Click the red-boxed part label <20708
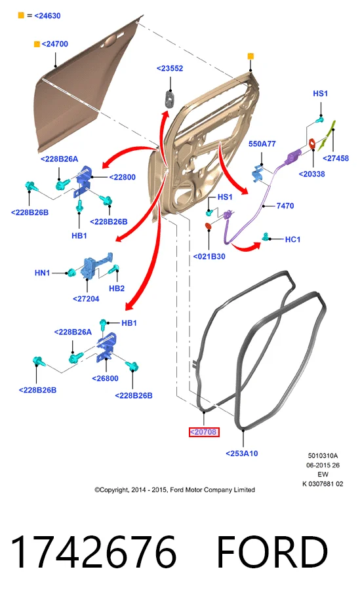pyautogui.click(x=204, y=432)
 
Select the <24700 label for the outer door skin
pyautogui.click(x=54, y=44)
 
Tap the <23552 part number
pyautogui.click(x=170, y=68)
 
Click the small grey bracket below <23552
pyautogui.click(x=170, y=98)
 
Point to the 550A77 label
pyautogui.click(x=262, y=144)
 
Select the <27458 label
pyautogui.click(x=335, y=158)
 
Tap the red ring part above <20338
pyautogui.click(x=312, y=144)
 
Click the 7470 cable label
pyautogui.click(x=285, y=206)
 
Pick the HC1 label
pyautogui.click(x=292, y=240)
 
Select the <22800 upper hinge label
pyautogui.click(x=123, y=177)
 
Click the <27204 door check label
pyautogui.click(x=86, y=298)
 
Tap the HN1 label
pyautogui.click(x=43, y=273)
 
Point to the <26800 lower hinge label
pyautogui.click(x=105, y=378)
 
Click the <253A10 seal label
pyautogui.click(x=241, y=454)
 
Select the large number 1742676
pyautogui.click(x=94, y=553)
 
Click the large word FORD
pyautogui.click(x=272, y=553)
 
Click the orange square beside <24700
pyautogui.click(x=37, y=44)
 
